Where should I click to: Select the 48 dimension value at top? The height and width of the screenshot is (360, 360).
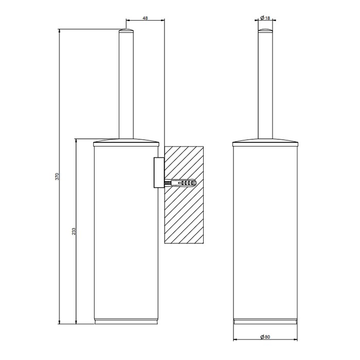click(x=145, y=18)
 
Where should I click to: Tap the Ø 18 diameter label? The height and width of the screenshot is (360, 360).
click(x=265, y=18)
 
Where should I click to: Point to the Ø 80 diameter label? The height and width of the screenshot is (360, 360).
click(x=265, y=337)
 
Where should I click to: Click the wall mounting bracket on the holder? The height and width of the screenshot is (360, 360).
click(x=158, y=173)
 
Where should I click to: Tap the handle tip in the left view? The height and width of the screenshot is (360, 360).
click(x=126, y=32)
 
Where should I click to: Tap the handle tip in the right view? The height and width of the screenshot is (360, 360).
click(x=265, y=32)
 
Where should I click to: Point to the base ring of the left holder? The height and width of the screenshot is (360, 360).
click(x=126, y=322)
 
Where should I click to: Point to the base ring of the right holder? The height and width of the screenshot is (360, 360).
click(x=265, y=322)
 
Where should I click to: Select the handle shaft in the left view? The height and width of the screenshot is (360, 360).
click(x=126, y=87)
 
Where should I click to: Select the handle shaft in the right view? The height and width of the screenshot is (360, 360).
click(x=265, y=87)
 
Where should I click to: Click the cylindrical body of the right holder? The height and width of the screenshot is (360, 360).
click(x=265, y=231)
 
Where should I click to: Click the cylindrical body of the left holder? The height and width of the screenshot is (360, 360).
click(x=126, y=231)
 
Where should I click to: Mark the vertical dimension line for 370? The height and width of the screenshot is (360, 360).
click(x=61, y=103)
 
